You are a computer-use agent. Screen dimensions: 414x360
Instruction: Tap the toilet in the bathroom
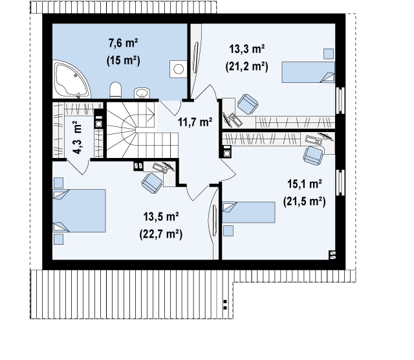coord(115,90)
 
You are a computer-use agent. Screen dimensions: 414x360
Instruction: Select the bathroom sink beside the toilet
coord(142,93)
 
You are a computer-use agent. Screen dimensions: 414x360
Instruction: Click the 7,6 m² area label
coord(124,43)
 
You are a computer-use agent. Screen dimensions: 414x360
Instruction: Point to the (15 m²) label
coord(124,60)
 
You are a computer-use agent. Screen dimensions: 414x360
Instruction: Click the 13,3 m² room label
coord(247,49)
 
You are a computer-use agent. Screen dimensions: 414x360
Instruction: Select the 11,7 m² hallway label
coord(195,122)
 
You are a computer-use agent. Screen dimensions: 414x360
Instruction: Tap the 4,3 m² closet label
coord(78,137)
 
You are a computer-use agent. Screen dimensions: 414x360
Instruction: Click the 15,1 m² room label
coord(305,184)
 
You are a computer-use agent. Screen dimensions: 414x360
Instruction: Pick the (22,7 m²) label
coord(161,234)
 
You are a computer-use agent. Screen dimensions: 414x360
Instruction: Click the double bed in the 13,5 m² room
coord(79,210)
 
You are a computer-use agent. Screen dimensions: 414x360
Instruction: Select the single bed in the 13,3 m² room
coord(308,72)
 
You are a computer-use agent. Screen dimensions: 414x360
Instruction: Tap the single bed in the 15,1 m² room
coord(248,212)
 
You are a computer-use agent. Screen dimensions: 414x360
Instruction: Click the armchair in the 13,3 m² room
coord(247,104)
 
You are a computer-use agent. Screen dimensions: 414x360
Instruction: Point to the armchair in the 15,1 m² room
coord(313,156)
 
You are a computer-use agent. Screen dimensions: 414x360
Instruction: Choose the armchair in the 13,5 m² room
coord(152,183)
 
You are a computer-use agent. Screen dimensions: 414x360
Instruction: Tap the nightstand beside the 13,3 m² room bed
coord(329,54)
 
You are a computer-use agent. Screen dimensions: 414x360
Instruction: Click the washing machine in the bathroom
coord(179,69)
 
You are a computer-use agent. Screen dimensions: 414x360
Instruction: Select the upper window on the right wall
coord(340,100)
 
